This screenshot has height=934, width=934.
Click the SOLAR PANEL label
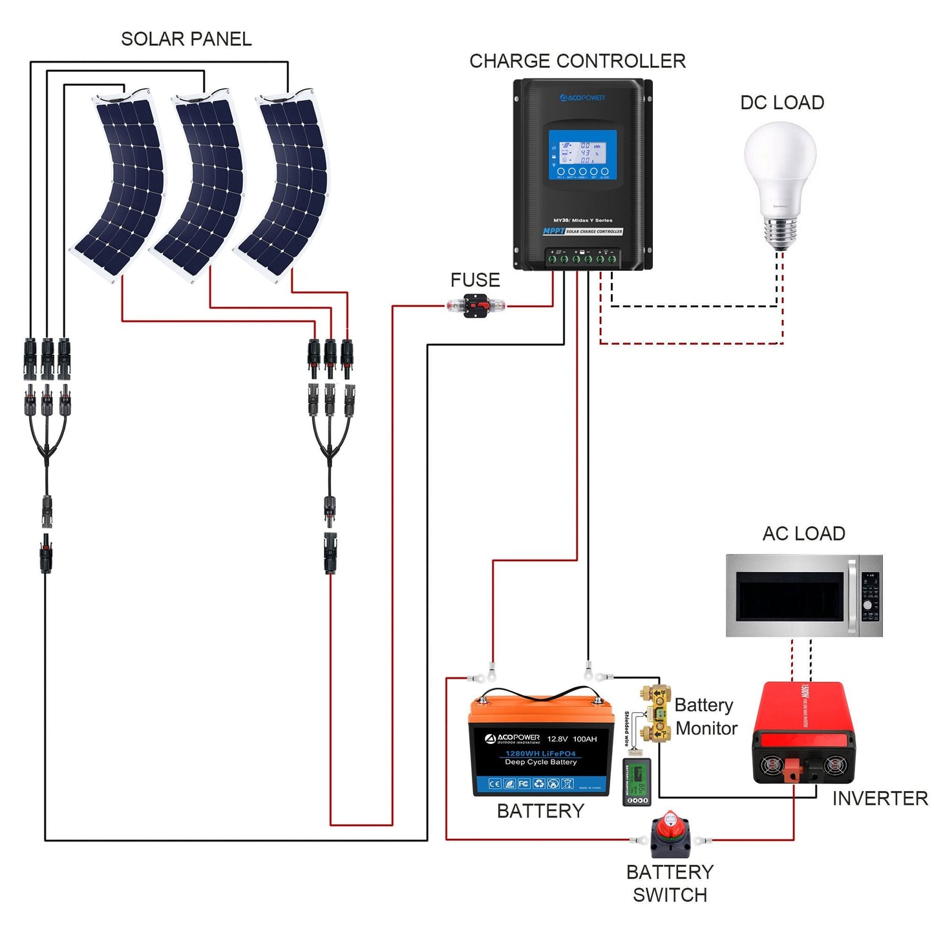point(186,39)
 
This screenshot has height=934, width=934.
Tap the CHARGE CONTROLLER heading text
point(577,61)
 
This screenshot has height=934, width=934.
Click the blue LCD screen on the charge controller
point(582,155)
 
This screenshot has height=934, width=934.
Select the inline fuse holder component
point(476,305)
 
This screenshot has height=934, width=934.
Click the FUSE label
point(475,280)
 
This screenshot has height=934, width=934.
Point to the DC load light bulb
point(780,181)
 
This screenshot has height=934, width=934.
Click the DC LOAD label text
point(781,103)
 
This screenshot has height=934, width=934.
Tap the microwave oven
point(803,595)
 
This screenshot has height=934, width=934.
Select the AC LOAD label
point(803,534)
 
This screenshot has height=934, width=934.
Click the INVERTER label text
point(880,799)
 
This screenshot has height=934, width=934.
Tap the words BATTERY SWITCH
point(670,884)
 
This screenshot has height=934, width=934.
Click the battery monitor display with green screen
point(637,781)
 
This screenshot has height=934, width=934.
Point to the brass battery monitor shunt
point(656,713)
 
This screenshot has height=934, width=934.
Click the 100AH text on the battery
point(584,739)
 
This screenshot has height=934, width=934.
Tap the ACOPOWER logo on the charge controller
point(582,98)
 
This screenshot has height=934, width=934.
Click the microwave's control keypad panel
point(870,596)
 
